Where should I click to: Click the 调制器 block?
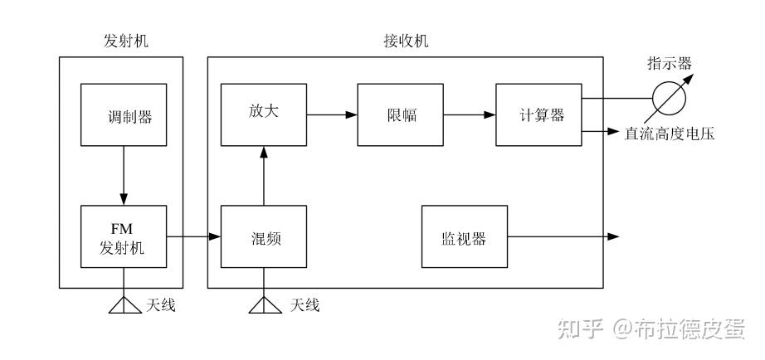coord(122,114)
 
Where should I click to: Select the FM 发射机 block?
coord(122,236)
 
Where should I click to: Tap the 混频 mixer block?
coord(265,237)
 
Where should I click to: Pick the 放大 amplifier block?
coord(265,114)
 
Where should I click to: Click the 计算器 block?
coord(537,114)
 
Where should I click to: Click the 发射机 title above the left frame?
coord(121,41)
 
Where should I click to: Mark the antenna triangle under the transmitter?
coord(123,305)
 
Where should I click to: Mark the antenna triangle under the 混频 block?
coord(265,305)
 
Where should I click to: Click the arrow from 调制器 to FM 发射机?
coord(123,175)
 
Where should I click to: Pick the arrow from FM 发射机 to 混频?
coord(192,237)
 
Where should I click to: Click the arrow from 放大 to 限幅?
coord(333,114)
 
